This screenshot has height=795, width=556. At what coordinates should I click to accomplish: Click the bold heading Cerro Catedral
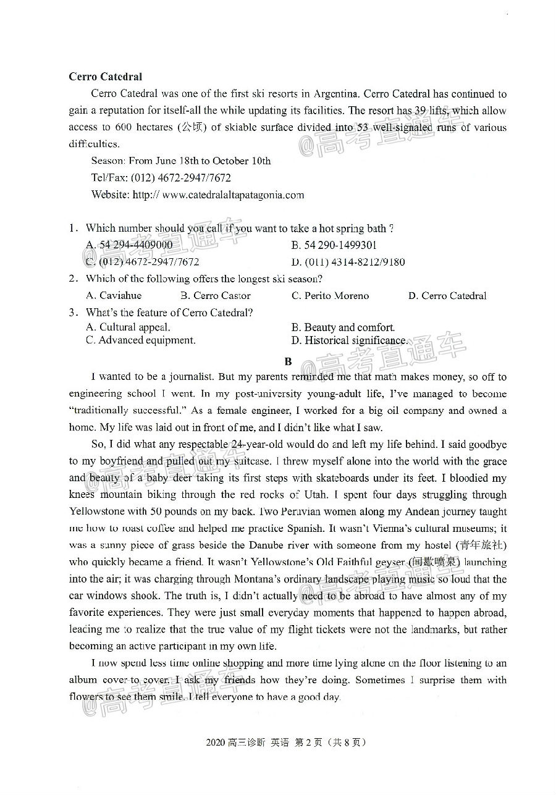tap(106, 77)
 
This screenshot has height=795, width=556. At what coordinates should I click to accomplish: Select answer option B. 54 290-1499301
tap(334, 245)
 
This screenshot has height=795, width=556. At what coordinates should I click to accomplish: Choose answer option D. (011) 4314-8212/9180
tap(348, 262)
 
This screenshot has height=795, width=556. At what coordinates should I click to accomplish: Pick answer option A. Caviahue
tap(114, 295)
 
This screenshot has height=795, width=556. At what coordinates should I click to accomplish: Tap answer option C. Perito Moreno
tap(330, 295)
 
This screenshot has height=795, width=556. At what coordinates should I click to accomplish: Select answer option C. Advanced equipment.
tap(141, 340)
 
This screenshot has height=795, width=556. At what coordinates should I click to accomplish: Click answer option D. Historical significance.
tap(349, 340)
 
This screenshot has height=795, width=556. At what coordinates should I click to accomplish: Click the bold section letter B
tap(288, 361)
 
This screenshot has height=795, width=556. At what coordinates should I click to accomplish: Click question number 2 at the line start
tap(73, 279)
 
